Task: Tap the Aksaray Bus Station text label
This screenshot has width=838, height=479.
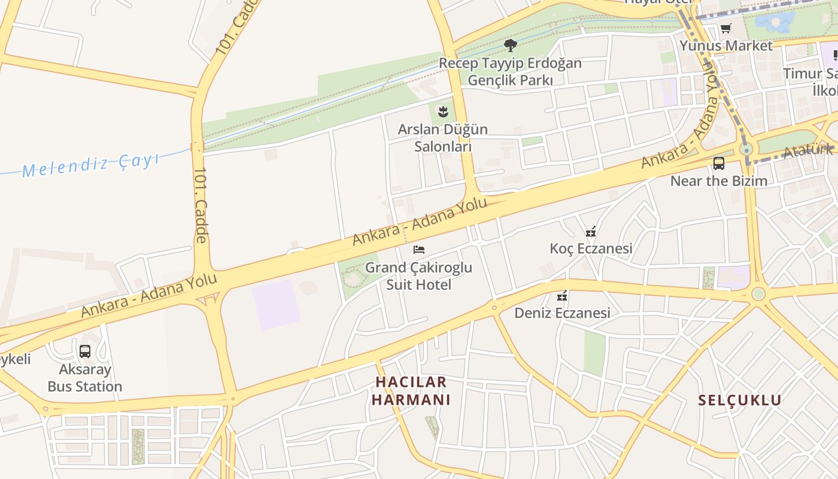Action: coord(85,378)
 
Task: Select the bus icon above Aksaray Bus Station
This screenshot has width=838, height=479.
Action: coord(85,351)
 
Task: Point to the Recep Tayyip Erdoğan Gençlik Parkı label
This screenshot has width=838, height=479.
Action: coord(510,71)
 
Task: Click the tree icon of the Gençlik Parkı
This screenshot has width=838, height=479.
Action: coord(510,46)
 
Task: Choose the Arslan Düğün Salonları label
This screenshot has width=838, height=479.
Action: coord(443,138)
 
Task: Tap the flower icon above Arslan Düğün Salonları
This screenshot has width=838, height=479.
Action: coord(443,111)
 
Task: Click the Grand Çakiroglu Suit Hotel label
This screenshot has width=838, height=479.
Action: coord(419,275)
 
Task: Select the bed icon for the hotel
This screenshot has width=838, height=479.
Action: coord(419,249)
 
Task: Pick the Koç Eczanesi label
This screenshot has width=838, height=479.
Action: coord(591,248)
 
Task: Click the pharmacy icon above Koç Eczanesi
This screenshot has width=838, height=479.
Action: coord(591,231)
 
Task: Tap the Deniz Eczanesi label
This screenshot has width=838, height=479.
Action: coord(562,313)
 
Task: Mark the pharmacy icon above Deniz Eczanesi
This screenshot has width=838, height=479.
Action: coord(562,295)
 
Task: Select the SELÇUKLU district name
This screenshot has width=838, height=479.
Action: coord(740,400)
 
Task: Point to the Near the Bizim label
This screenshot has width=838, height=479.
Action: coord(718,180)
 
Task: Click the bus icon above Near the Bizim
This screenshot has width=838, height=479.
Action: coord(719,163)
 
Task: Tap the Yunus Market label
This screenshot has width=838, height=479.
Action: coord(725,46)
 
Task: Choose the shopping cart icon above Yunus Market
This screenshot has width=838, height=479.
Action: coord(726,28)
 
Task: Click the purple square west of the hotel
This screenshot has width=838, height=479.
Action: coord(275,304)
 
